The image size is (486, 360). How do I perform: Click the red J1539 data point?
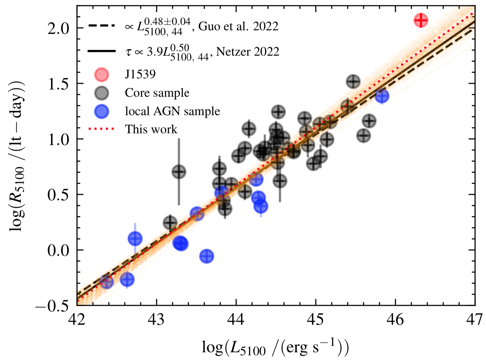[421, 20]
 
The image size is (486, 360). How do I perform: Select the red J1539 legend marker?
[101, 74]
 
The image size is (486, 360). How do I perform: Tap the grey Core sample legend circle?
[101, 93]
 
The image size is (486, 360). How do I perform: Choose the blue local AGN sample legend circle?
[101, 111]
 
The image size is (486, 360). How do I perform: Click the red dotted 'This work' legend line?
[101, 129]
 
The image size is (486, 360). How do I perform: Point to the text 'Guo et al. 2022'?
[238, 27]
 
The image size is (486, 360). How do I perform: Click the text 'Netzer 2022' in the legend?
[248, 52]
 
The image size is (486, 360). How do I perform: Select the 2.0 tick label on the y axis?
[58, 28]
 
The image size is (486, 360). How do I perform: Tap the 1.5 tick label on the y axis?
[58, 84]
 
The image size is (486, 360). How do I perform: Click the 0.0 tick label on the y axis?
[58, 250]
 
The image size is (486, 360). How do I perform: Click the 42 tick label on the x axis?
[77, 320]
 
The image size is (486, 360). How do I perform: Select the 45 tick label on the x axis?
[316, 320]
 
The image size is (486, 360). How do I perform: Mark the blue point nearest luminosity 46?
[382, 96]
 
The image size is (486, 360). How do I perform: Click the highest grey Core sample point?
[353, 82]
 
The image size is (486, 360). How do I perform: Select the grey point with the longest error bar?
[179, 172]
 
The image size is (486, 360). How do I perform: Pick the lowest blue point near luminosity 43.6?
[206, 256]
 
